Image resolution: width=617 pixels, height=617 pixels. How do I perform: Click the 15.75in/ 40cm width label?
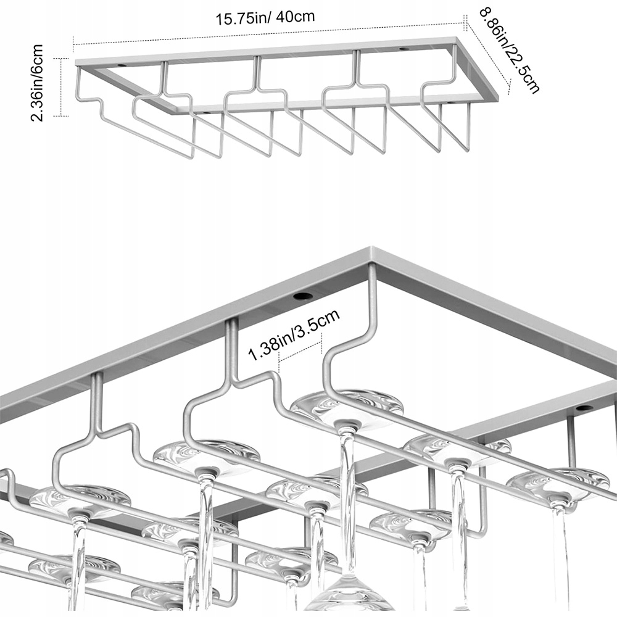tap(265, 17)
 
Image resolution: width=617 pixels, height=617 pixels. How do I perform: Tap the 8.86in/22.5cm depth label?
tap(510, 49)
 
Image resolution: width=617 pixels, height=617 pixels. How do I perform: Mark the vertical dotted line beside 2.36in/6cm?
tap(61, 86)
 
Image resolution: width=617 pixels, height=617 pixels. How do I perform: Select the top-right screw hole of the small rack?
tap(404, 49)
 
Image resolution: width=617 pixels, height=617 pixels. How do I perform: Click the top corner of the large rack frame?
tap(373, 251)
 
